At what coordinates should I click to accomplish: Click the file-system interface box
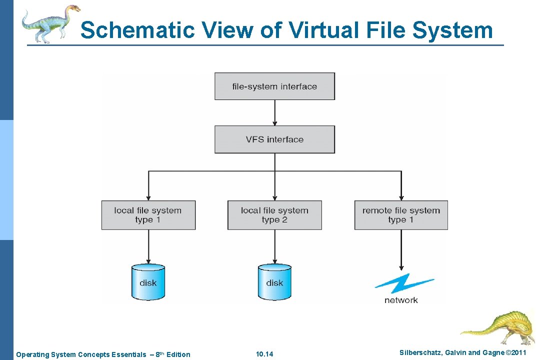[274, 86]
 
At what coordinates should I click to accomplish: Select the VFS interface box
[274, 139]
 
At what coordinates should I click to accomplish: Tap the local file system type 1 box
[148, 215]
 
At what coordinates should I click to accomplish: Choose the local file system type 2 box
[274, 215]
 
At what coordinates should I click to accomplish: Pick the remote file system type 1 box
[401, 215]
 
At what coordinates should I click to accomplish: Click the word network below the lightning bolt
[401, 300]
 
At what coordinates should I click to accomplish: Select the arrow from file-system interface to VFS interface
[274, 112]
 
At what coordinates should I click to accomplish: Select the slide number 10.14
[264, 354]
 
